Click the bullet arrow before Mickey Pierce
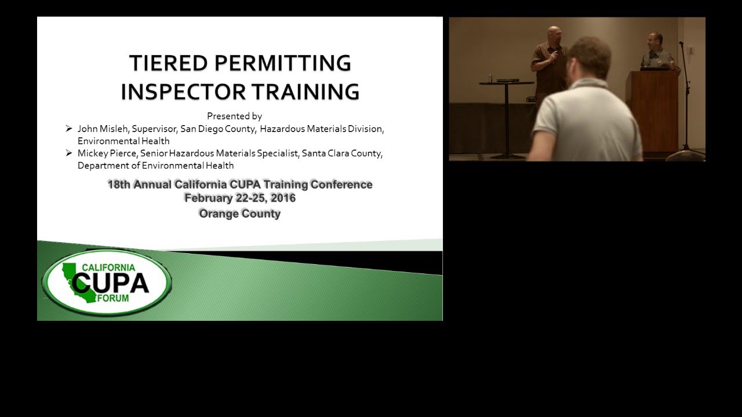tap(69, 153)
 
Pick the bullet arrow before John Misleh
tap(69, 129)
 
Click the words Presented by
tap(234, 116)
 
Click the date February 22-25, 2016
tap(240, 198)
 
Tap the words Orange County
tap(240, 214)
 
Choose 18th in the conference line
tap(119, 185)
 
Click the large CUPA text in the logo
tap(110, 283)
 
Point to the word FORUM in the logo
tap(114, 298)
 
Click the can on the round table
tap(490, 78)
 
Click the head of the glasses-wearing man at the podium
tap(656, 41)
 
